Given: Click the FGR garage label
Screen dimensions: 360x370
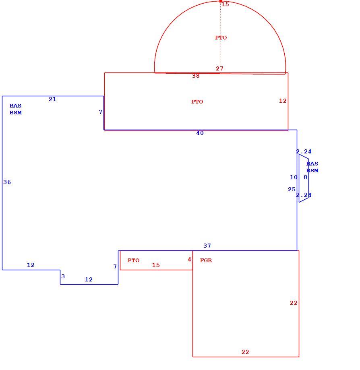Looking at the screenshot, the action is [206, 260].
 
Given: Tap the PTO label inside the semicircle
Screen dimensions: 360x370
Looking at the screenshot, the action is [221, 38].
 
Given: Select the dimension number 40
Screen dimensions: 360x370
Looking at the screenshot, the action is [200, 133].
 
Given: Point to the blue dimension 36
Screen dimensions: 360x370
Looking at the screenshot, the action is [7, 182].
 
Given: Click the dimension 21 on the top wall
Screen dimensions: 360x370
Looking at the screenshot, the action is [52, 99].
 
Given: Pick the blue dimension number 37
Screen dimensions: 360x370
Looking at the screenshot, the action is [207, 246].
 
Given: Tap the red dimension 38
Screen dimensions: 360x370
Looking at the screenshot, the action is [196, 76].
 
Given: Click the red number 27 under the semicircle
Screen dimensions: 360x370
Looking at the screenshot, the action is [219, 68].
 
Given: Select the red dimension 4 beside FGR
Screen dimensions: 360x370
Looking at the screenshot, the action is [189, 260].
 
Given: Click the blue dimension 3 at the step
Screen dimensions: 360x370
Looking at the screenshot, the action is [63, 276].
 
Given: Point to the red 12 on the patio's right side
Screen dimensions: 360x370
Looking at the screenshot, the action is [283, 101].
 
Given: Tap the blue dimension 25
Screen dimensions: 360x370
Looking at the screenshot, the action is [292, 190].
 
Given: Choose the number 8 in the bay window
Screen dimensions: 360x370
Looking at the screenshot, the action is [305, 177].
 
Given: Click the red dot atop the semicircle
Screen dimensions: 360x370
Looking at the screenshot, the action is [221, 1].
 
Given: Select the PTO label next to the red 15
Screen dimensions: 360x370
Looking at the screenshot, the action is [133, 260].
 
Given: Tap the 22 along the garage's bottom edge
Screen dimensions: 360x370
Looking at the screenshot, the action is [245, 352].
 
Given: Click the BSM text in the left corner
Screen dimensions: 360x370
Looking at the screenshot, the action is [16, 113].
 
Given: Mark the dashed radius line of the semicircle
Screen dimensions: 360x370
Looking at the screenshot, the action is [220, 37].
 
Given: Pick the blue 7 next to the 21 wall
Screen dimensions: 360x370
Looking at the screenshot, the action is [101, 112].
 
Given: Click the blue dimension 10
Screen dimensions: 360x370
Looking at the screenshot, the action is [294, 177].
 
